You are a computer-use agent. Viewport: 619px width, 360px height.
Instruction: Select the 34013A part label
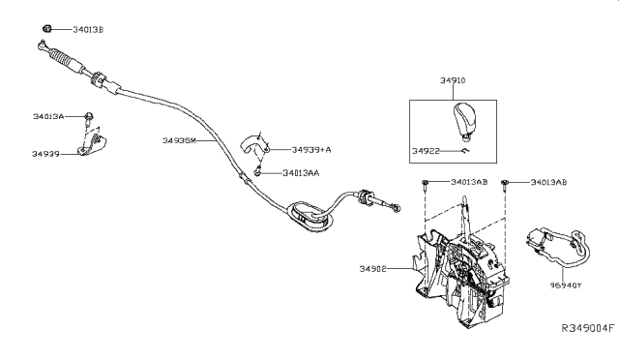point(47,116)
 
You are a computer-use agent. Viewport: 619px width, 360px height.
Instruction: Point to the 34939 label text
point(45,153)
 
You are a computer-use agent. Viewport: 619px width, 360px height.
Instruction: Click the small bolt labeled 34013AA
point(258,172)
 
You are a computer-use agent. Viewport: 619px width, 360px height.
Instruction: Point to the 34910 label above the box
point(449,84)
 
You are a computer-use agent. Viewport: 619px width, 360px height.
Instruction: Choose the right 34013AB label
point(550,182)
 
